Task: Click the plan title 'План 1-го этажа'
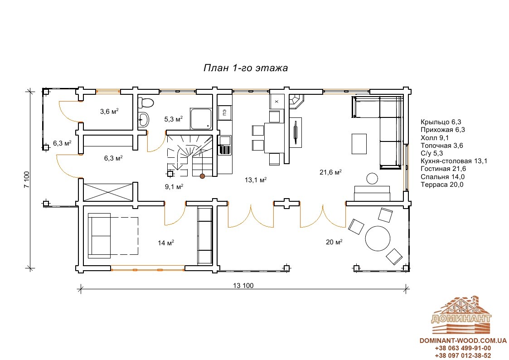[245, 68]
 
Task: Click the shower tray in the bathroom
[201, 119]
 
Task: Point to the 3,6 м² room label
[109, 112]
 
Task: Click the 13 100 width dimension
[243, 286]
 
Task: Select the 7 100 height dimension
[27, 180]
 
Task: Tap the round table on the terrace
[378, 238]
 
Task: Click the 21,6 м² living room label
[330, 172]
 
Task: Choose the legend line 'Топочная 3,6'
[441, 146]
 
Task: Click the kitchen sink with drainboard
[224, 145]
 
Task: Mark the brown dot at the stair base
[202, 176]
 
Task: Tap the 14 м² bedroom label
[166, 243]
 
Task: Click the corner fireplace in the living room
[296, 101]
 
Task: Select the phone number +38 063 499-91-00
[463, 348]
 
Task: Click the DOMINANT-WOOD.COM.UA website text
[463, 341]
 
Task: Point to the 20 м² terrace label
[334, 242]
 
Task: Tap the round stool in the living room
[372, 179]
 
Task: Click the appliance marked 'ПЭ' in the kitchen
[224, 112]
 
